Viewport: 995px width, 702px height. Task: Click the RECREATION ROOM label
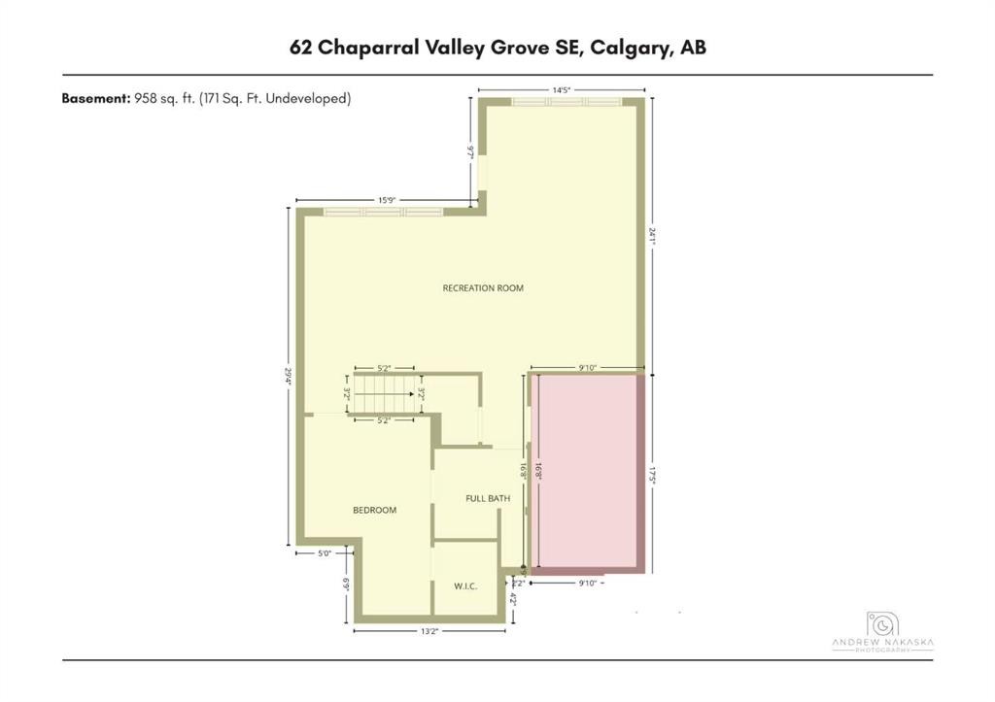pos(483,288)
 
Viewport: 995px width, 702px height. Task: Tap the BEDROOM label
pos(374,510)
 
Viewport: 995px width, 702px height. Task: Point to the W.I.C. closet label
pos(465,586)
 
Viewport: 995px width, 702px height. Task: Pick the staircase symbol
pos(385,395)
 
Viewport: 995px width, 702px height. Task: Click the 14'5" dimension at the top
pos(561,90)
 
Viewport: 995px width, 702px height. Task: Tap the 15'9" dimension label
pos(387,201)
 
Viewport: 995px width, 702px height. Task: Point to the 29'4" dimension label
pos(289,376)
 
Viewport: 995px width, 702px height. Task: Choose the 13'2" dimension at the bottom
pos(429,631)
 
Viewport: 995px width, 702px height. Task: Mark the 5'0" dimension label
pos(326,554)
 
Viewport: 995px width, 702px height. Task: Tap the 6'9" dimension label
pos(346,585)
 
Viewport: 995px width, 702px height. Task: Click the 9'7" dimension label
pos(471,151)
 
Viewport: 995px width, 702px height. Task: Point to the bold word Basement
pos(94,98)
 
